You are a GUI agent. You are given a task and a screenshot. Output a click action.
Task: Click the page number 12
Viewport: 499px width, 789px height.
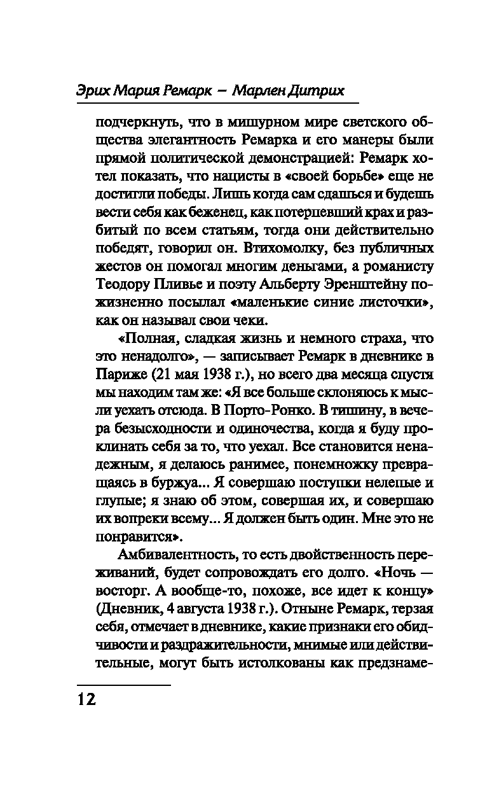(x=87, y=701)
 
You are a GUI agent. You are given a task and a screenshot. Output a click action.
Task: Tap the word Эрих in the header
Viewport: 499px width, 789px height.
(x=97, y=90)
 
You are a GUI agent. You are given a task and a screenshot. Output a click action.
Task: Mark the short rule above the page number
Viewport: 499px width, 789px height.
(x=123, y=685)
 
